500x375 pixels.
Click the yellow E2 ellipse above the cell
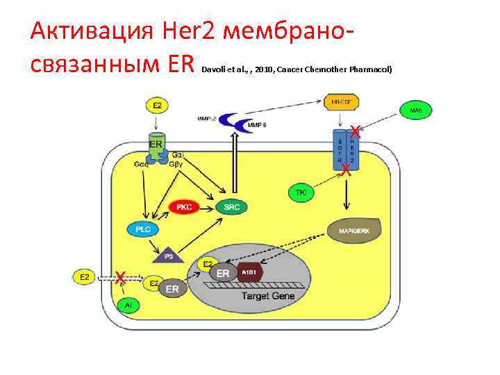click(x=157, y=106)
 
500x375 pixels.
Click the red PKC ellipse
click(x=185, y=206)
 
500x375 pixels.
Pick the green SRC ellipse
click(x=231, y=206)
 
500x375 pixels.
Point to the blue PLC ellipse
click(x=144, y=228)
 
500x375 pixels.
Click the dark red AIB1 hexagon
click(x=249, y=273)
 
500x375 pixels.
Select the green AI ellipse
click(x=128, y=305)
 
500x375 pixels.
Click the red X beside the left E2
click(x=120, y=277)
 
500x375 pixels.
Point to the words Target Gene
click(x=268, y=296)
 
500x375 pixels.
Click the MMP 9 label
click(x=258, y=125)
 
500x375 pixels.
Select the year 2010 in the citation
click(x=264, y=70)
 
